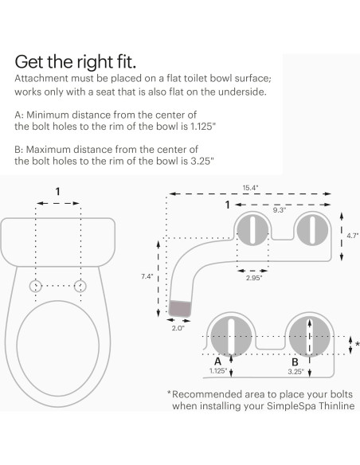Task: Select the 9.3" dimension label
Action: pos(279,211)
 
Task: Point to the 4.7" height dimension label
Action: pos(351,235)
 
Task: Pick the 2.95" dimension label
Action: pos(254,278)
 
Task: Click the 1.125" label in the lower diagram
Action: pos(217,370)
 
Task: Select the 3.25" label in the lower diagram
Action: pos(297,370)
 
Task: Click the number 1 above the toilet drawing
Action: pos(57,191)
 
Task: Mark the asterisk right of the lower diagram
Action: pos(356,344)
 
